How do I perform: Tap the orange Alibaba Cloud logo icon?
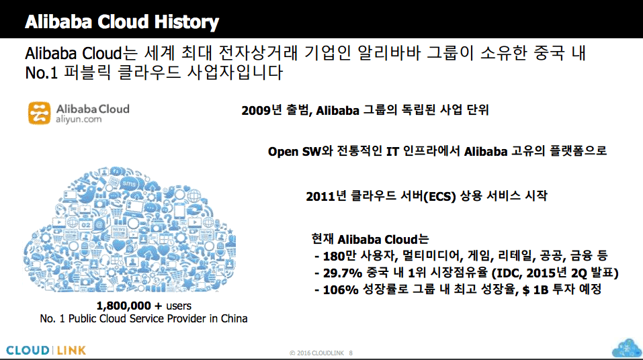click(x=40, y=113)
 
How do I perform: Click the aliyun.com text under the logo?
click(x=79, y=120)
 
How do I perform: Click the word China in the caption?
click(x=234, y=318)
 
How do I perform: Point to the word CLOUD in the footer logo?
click(x=28, y=351)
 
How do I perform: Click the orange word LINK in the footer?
click(x=71, y=351)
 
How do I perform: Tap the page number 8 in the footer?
click(x=351, y=353)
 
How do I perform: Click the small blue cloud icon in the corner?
click(x=626, y=348)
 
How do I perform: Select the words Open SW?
click(x=294, y=152)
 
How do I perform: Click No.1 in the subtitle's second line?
click(x=42, y=73)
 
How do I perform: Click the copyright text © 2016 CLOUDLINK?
click(x=316, y=353)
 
